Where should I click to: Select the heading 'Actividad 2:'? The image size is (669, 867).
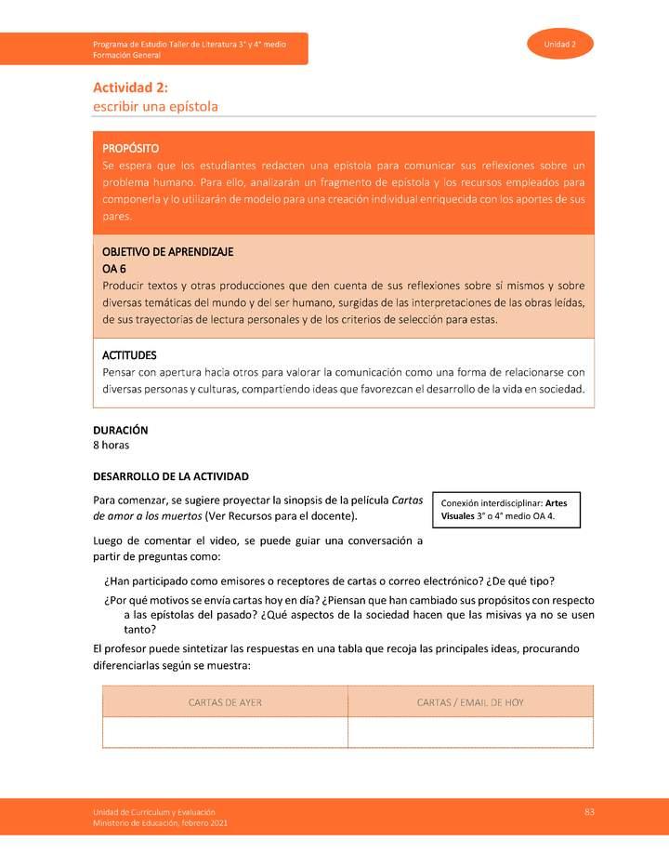[x=129, y=87]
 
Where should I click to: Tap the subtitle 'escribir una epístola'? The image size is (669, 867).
[x=155, y=106]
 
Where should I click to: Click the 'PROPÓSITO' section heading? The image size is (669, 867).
[x=130, y=148]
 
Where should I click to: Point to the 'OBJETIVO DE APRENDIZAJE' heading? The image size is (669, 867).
[x=167, y=252]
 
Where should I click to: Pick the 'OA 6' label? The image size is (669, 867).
[x=113, y=268]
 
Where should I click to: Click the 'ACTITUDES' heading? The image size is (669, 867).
[x=129, y=355]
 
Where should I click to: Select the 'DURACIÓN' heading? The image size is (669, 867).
[x=121, y=431]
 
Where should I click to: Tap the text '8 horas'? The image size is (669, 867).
[x=111, y=446]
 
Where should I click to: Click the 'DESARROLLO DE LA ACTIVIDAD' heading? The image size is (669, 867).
[x=171, y=475]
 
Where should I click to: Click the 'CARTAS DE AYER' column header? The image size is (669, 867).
[x=225, y=702]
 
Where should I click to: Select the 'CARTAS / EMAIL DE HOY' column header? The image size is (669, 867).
[x=470, y=702]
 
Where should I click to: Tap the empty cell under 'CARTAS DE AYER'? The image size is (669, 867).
[x=225, y=732]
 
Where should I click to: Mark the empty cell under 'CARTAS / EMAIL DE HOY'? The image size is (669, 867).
[x=470, y=732]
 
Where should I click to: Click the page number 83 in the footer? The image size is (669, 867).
[x=589, y=812]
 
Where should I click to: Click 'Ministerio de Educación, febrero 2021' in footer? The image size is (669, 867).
[x=159, y=823]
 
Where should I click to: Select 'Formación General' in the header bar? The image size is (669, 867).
[x=126, y=56]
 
